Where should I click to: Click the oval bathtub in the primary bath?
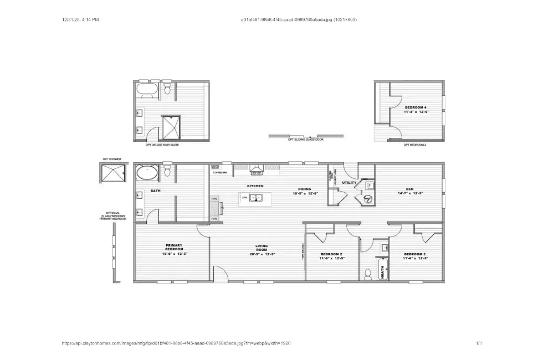(x=147, y=173)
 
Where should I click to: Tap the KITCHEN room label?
(x=255, y=186)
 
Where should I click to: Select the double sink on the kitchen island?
(x=255, y=197)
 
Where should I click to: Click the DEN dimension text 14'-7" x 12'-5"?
(x=410, y=193)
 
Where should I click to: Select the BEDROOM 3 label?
(x=415, y=254)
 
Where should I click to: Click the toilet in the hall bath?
(x=368, y=274)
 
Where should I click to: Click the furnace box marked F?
(x=370, y=185)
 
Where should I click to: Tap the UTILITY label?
(x=349, y=182)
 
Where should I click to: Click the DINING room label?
(x=305, y=189)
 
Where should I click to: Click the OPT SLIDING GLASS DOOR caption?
(x=305, y=140)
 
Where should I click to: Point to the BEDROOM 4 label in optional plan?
(x=416, y=107)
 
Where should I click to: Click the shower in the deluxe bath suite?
(x=171, y=127)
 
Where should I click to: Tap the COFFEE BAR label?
(x=219, y=172)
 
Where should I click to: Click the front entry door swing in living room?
(x=220, y=274)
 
